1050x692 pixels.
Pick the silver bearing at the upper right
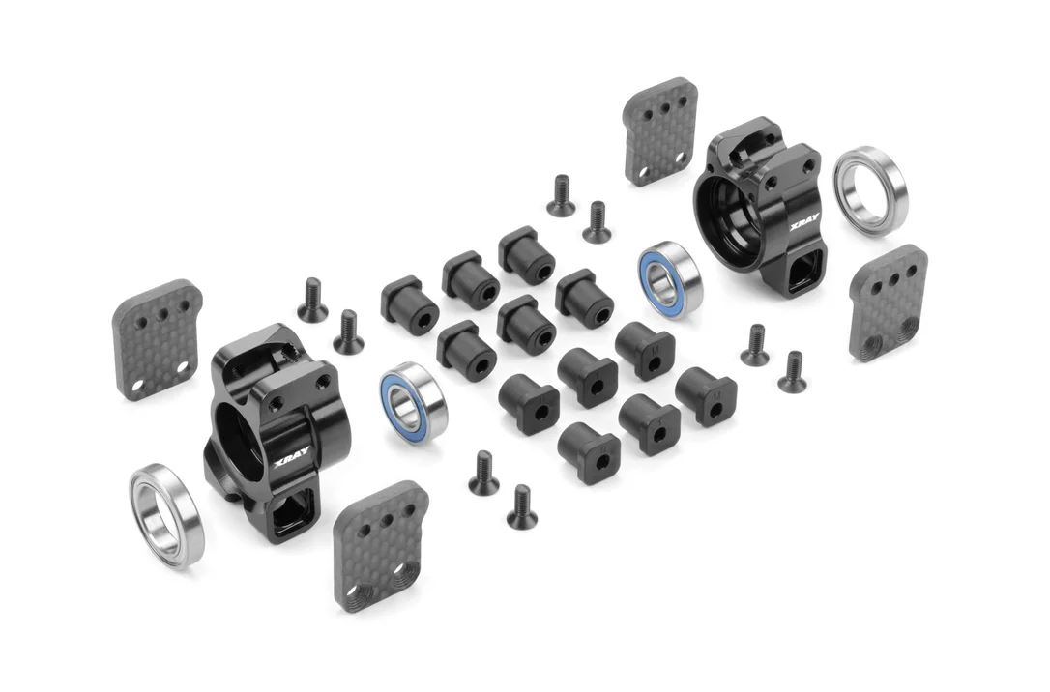tap(870, 186)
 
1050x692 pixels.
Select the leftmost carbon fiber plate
tap(158, 339)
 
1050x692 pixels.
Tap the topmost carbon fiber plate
tap(660, 130)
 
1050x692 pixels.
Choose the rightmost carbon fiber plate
tap(888, 303)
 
